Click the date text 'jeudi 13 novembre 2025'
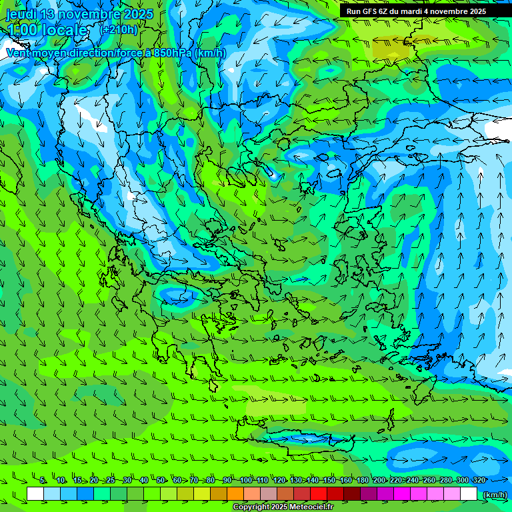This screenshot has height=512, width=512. tap(79, 14)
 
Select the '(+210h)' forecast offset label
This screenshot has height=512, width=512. tap(119, 29)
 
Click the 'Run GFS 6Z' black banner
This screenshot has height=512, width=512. tap(416, 11)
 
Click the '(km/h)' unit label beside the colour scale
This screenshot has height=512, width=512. tap(494, 494)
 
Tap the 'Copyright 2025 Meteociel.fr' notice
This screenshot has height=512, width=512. tap(283, 507)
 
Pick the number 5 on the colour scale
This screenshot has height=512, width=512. tap(43, 480)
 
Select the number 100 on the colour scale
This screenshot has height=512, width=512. tap(245, 480)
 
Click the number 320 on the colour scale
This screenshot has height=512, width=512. tap(479, 480)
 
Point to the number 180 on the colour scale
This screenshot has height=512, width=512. tap(362, 480)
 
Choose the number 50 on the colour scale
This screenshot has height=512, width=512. tap(161, 480)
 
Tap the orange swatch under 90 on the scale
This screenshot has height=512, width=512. tap(235, 493)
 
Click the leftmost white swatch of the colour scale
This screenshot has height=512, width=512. tap(35, 493)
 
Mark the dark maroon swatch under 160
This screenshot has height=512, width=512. tap(352, 493)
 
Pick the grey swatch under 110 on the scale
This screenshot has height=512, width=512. tap(269, 493)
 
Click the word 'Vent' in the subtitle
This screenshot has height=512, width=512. tap(19, 53)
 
